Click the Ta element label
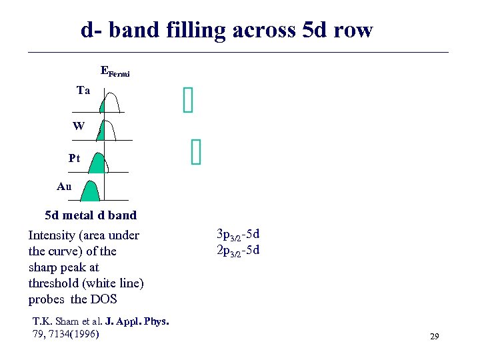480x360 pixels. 83,91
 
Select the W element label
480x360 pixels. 79,125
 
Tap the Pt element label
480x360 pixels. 75,159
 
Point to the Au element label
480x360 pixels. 64,187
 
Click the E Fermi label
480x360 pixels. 115,71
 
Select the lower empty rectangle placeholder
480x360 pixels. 195,152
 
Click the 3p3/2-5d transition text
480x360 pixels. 238,235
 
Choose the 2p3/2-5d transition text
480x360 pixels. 238,251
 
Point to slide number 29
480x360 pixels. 434,337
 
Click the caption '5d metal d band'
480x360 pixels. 91,215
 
